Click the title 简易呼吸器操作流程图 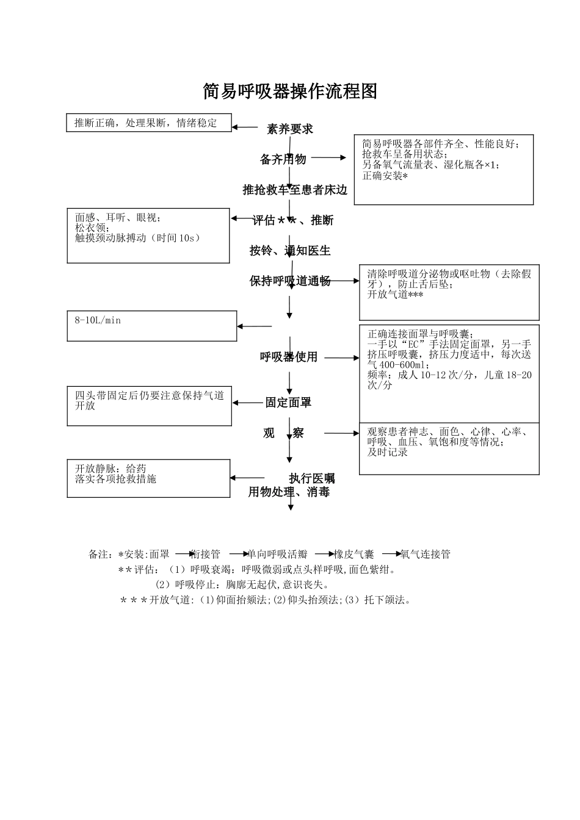point(290,92)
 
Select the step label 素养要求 point(290,129)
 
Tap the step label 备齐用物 point(283,160)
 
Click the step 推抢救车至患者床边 point(295,190)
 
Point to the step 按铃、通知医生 point(290,251)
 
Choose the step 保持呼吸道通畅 point(290,281)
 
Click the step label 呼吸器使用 point(289,358)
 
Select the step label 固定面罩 point(288,403)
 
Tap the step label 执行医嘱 point(312,478)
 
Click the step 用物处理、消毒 point(289,492)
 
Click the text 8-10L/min point(98,320)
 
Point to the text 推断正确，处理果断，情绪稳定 point(145,123)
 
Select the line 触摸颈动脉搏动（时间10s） point(138,239)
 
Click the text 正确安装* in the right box point(385,176)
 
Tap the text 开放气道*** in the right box point(395,295)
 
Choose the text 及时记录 point(388,453)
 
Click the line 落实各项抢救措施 point(115,480)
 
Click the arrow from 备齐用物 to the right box point(328,157)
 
